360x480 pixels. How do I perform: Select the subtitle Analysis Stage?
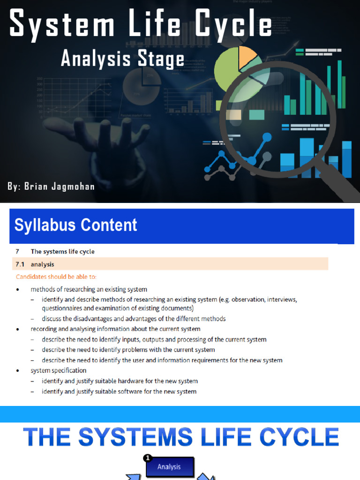coord(123,60)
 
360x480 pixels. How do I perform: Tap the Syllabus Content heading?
coord(76,225)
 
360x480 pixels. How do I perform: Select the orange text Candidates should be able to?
coord(56,277)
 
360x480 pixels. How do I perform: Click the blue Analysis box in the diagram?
coord(169,467)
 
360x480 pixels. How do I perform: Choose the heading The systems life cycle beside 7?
coord(62,252)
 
